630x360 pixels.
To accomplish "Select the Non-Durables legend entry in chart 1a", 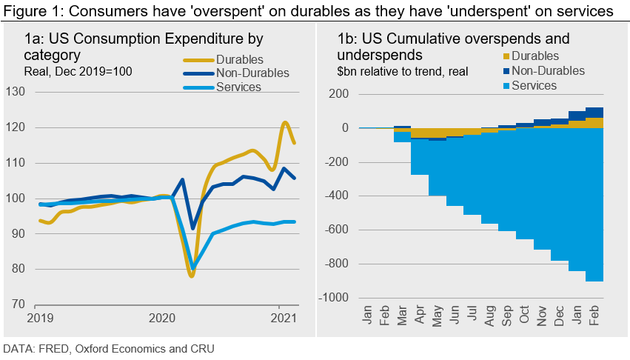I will (252, 73).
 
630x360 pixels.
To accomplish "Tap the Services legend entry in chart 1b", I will (534, 85).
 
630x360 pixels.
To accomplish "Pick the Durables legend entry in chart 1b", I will (535, 56).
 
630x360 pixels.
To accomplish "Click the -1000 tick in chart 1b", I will (335, 298).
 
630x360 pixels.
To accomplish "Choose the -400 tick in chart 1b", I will (338, 196).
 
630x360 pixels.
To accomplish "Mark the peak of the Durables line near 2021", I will (285, 123).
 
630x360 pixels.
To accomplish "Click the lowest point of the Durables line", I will (191, 276).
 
